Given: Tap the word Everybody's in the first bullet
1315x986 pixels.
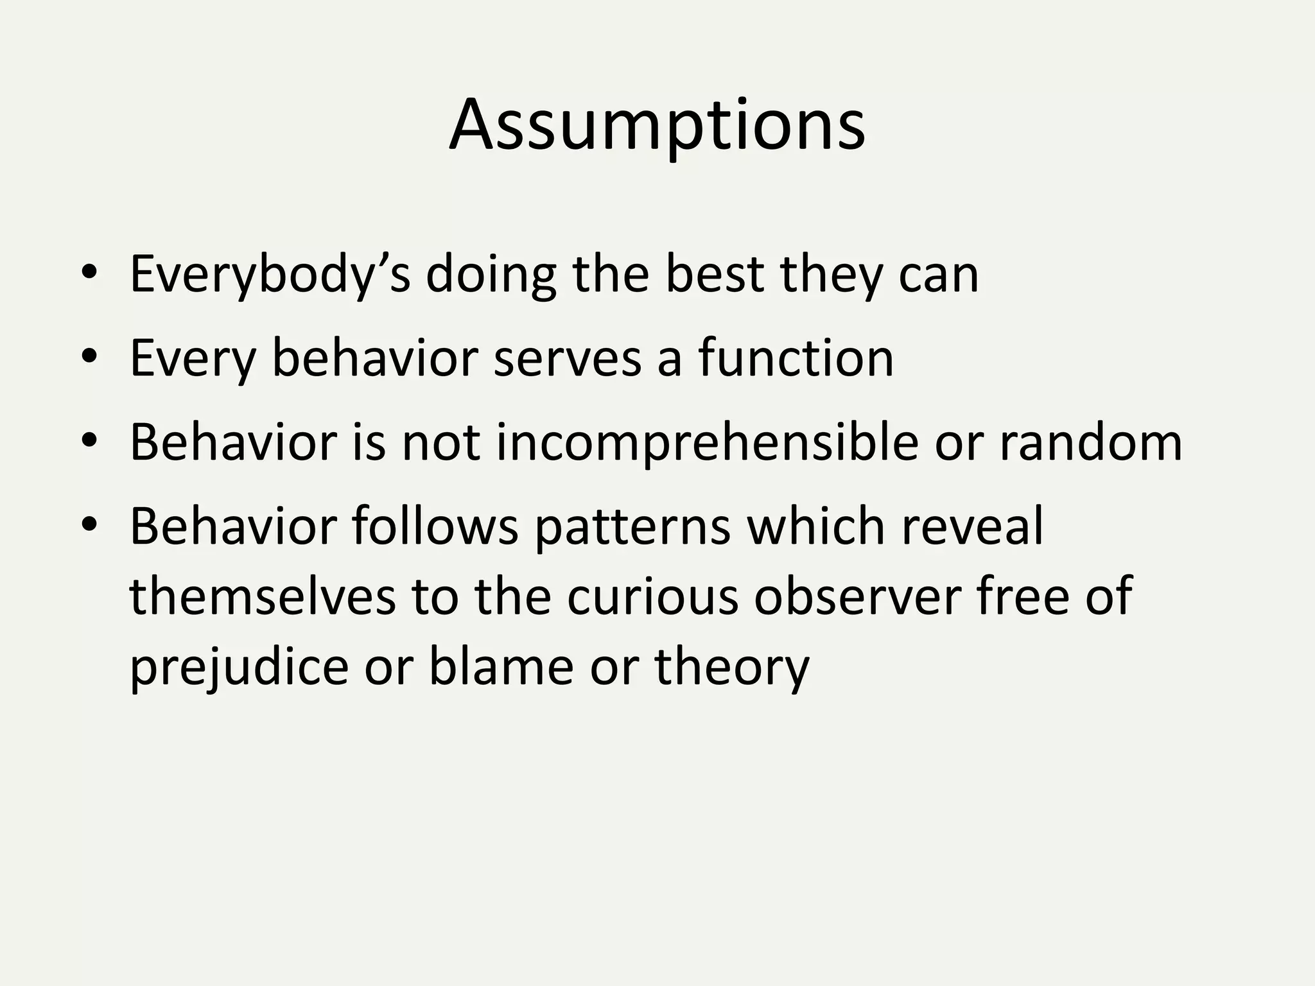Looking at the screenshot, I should [x=270, y=275].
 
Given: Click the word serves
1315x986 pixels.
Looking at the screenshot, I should [x=568, y=358].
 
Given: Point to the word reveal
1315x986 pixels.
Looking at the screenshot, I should [x=972, y=526].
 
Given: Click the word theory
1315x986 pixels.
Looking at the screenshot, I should [x=732, y=668].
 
